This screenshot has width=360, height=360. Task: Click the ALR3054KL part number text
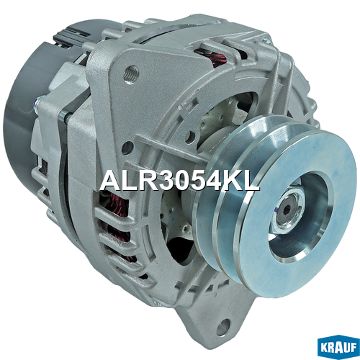click(180, 181)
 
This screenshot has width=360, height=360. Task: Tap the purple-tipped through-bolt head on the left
click(38, 102)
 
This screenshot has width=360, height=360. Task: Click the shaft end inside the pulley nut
click(286, 210)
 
